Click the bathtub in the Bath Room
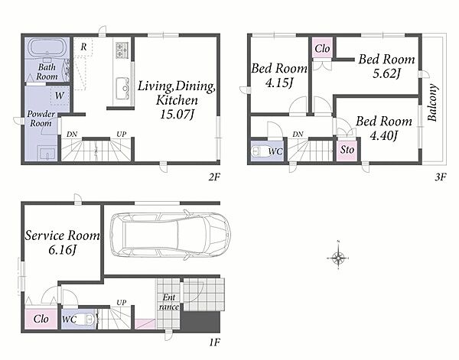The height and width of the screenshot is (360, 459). coord(47,48)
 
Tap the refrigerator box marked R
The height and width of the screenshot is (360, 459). coord(83,47)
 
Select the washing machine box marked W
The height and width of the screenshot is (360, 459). coord(60,96)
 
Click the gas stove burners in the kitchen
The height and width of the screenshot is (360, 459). coord(122,50)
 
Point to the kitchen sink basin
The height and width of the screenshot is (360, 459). coord(122,88)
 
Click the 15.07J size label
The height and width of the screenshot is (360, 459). coord(177,115)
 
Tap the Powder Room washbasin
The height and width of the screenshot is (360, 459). coord(47,153)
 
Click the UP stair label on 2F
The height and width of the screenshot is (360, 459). coord(121,135)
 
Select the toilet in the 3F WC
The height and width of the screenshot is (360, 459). coord(259,151)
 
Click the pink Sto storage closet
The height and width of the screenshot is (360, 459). coord(347,150)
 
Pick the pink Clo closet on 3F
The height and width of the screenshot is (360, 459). coord(322,48)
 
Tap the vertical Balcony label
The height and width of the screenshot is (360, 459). coord(432,102)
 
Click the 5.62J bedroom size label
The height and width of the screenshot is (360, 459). coord(386,73)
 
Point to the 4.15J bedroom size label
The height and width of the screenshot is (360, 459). coord(279,83)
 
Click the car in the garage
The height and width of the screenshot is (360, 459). coord(171,235)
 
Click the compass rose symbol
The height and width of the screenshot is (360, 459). coord(338,258)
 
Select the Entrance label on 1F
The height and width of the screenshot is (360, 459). coord(169,302)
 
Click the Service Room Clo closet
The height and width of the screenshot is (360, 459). coord(41,319)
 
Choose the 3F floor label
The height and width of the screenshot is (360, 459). coord(440,177)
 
